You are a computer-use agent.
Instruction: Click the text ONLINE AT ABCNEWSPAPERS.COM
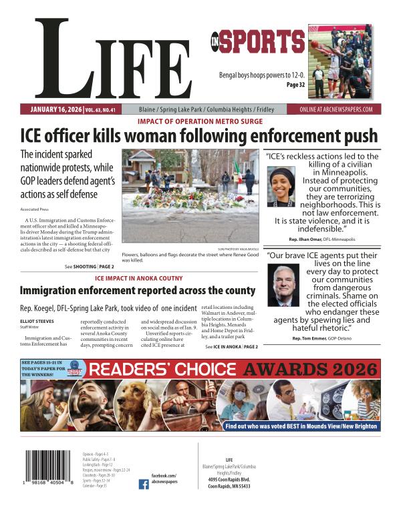tap(336, 109)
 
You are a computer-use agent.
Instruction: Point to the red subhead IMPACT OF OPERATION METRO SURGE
tap(200, 121)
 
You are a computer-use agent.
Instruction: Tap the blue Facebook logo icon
tap(144, 485)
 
